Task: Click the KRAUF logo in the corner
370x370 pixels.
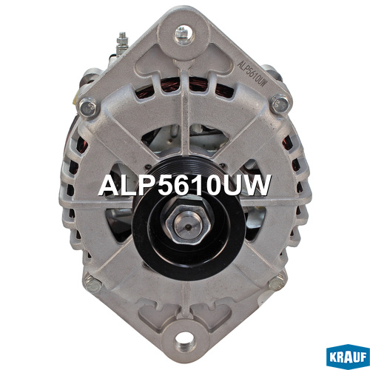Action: point(348,357)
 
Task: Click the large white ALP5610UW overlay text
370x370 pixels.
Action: point(185,186)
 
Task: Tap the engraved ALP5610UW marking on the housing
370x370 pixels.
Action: point(252,73)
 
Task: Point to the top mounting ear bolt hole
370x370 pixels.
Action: point(184,35)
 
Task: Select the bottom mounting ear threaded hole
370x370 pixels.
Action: point(184,341)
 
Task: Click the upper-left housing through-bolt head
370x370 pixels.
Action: point(88,107)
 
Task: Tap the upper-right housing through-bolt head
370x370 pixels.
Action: point(280,104)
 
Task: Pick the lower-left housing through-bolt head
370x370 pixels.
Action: point(92,284)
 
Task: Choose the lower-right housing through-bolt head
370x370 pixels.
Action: point(277,283)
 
